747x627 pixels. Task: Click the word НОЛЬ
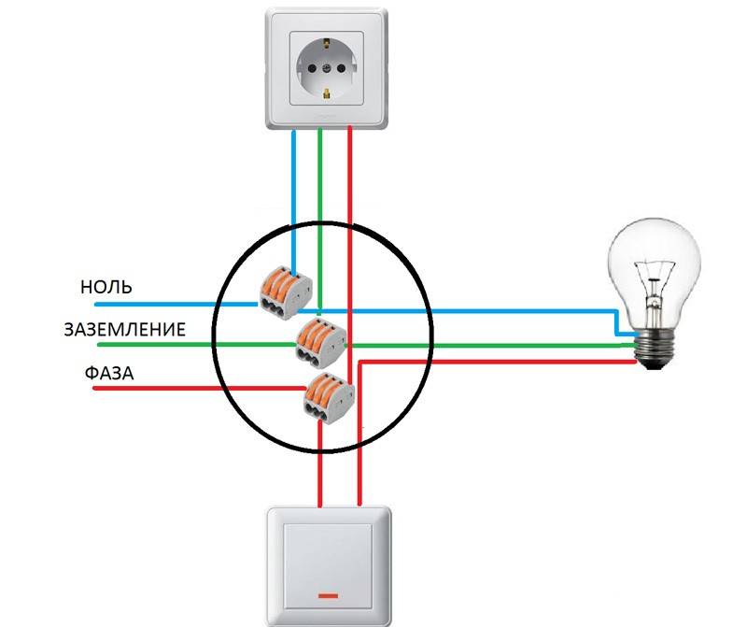(106, 287)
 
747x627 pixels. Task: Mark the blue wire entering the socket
(295, 187)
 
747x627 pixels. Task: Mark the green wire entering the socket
(320, 187)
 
